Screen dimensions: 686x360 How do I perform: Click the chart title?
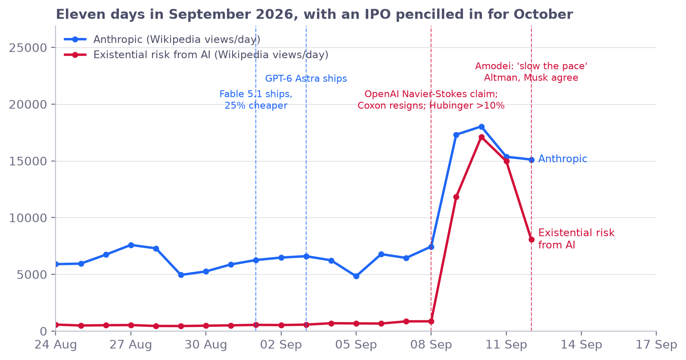[x=314, y=14]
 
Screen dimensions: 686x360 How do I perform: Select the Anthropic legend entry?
[x=162, y=40]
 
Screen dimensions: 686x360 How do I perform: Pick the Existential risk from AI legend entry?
[x=196, y=55]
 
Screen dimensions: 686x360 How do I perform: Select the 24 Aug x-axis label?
[x=56, y=344]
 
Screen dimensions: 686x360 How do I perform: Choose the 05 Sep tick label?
[x=356, y=344]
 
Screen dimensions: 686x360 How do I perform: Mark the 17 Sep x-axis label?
[x=656, y=344]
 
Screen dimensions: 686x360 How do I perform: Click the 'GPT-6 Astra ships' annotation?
[x=306, y=79]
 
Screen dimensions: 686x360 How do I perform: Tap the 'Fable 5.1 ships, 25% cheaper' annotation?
[x=256, y=100]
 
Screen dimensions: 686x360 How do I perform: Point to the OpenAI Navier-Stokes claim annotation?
[x=431, y=100]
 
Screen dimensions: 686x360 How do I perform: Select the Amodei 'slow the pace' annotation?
[x=531, y=72]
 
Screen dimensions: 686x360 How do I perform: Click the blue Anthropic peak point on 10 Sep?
[x=481, y=127]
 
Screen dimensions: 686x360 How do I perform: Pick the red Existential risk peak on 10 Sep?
[x=481, y=137]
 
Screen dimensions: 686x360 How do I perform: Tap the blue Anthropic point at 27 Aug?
[x=131, y=245]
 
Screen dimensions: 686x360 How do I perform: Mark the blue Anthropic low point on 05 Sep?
[x=356, y=276]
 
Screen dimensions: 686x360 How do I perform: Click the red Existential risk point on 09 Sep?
[x=456, y=197]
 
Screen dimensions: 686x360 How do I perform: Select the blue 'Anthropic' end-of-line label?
[x=562, y=159]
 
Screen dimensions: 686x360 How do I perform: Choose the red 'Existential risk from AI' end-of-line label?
[x=576, y=239]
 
